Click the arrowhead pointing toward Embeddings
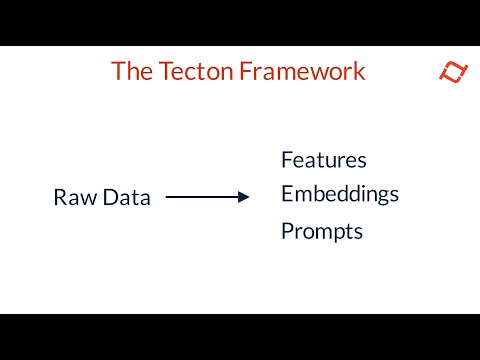(243, 197)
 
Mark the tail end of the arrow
(167, 197)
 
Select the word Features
(324, 160)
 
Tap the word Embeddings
(340, 194)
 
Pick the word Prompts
(322, 232)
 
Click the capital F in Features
(287, 160)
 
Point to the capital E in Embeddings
(287, 193)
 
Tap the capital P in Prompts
(287, 232)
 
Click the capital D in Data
(110, 198)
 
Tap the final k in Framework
(359, 72)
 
